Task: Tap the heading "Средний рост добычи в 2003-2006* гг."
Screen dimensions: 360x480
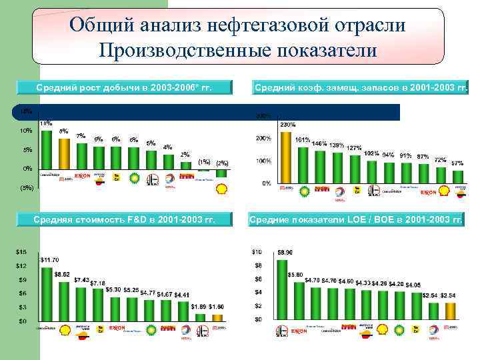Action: [125, 87]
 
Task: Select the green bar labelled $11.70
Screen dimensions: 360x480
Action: [47, 293]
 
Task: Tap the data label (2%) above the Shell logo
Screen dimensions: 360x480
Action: [222, 163]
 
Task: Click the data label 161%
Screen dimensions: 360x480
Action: [302, 140]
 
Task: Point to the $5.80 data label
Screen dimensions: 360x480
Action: [295, 275]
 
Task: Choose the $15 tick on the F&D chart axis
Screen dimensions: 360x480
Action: [22, 252]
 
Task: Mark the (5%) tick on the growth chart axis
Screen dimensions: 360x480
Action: [25, 188]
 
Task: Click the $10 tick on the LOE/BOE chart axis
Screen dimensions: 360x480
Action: [257, 252]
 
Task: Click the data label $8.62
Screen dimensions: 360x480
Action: [62, 274]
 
